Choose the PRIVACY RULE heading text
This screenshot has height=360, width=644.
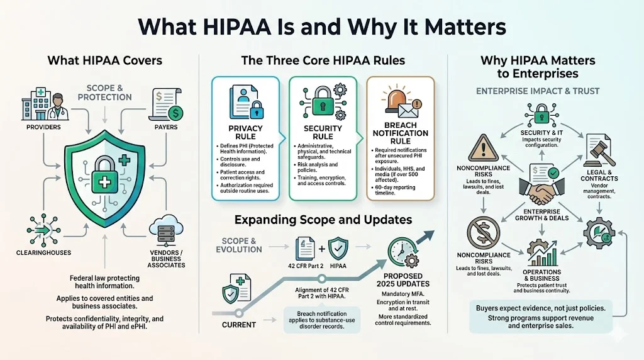(245, 133)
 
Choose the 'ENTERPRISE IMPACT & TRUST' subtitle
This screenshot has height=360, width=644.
(538, 91)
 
